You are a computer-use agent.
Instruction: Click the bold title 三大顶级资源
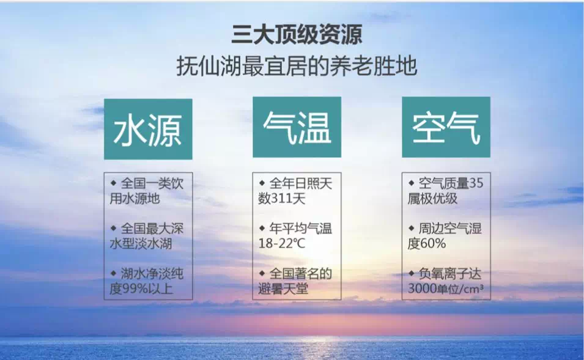coord(297,35)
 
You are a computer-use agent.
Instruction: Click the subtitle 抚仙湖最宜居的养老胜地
coord(297,66)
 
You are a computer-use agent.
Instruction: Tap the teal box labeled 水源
coord(148,129)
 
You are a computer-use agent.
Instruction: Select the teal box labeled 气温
coord(297,127)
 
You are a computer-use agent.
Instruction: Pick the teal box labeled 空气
coord(446,127)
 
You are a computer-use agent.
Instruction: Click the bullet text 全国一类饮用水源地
coord(147,191)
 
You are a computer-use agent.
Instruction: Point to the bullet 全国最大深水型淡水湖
coord(147,236)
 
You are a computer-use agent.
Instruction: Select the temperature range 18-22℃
coord(282,243)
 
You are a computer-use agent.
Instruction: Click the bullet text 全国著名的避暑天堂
coord(295,281)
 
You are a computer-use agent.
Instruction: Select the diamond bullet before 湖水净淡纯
coord(114,273)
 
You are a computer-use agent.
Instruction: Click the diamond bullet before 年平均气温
coord(262,228)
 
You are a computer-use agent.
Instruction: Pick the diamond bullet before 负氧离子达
coord(411,273)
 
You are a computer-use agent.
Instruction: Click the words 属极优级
coord(432,199)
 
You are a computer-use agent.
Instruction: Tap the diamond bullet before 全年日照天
coord(262,183)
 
